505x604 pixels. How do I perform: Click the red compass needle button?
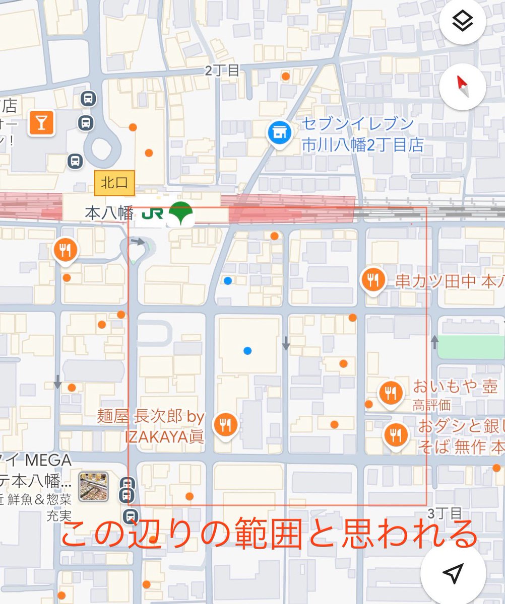click(x=462, y=87)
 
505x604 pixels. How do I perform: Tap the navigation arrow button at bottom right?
click(x=453, y=572)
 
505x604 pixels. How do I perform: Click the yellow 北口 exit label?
click(x=114, y=183)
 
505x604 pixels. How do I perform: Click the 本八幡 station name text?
click(x=108, y=213)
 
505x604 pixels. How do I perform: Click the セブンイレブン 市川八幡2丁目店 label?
click(x=362, y=135)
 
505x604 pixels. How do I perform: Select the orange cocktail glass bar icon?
click(x=41, y=122)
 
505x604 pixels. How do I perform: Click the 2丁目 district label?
click(x=222, y=71)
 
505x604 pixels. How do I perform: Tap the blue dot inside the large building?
click(x=247, y=350)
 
